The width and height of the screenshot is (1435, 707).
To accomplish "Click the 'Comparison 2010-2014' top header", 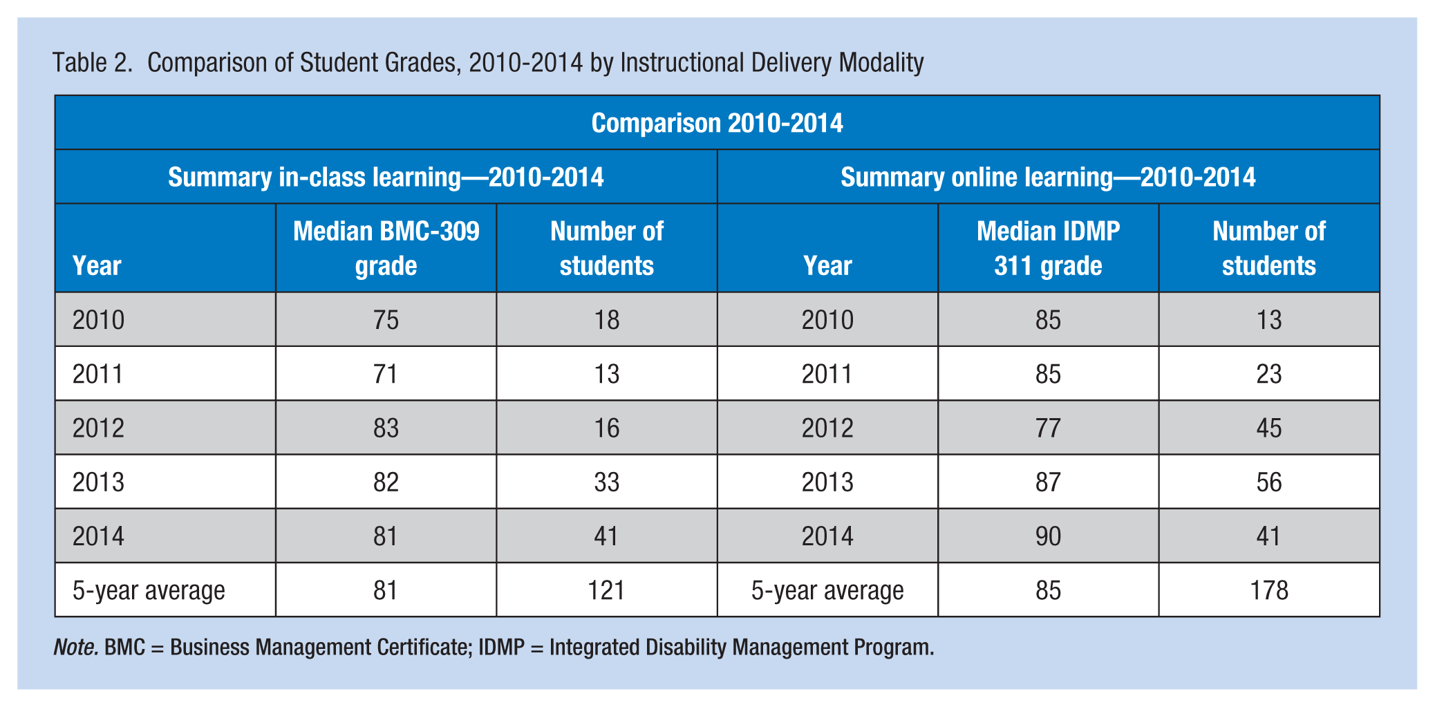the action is (717, 124).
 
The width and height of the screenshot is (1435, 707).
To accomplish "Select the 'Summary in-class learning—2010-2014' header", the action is (386, 178).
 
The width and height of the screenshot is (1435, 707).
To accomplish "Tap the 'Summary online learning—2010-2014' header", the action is (1048, 178).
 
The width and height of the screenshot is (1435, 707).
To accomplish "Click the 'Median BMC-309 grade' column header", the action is (386, 248).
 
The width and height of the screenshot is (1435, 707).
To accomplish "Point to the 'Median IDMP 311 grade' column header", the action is (1048, 248).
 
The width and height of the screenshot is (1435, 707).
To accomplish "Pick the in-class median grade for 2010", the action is (386, 320).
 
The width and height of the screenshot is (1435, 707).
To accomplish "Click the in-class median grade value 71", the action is (386, 374).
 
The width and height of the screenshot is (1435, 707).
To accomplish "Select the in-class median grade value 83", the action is (386, 428).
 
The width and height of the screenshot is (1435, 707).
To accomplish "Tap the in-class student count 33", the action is (606, 482).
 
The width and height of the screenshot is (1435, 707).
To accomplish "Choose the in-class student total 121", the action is (606, 590).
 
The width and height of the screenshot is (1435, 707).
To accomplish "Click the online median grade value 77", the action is (1048, 428).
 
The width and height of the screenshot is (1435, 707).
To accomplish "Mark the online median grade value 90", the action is (1048, 536).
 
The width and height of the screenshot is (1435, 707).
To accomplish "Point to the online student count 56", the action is (1269, 482).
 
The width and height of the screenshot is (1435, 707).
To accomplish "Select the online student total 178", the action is (1269, 590).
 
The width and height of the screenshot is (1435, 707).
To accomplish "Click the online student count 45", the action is (1269, 428).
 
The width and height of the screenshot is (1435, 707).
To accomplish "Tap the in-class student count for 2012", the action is (606, 428).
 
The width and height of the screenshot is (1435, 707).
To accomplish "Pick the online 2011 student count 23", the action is (1269, 374).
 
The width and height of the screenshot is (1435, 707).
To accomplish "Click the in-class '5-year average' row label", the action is (149, 591).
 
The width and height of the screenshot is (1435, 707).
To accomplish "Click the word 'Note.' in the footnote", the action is (76, 648).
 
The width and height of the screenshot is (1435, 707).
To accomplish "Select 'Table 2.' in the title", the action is (93, 63).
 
